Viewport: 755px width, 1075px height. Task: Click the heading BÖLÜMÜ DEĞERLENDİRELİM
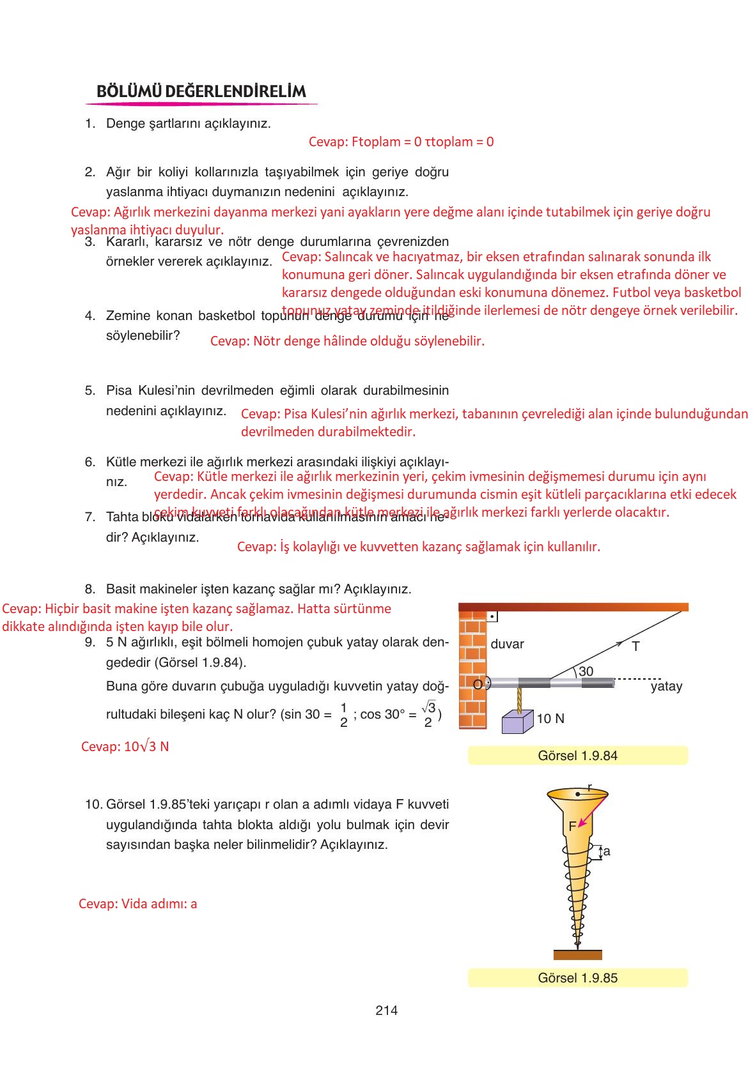tap(201, 91)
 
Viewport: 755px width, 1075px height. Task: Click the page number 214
tap(386, 1010)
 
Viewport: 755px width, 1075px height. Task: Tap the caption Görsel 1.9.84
tap(577, 756)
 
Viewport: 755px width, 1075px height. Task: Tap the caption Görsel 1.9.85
tap(577, 978)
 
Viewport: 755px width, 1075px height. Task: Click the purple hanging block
tap(517, 722)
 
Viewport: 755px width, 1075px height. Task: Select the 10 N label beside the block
tap(550, 719)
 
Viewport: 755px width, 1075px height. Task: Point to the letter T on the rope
tap(635, 646)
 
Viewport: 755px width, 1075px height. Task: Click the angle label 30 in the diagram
tap(586, 671)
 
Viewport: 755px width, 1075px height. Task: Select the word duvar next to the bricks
tap(507, 644)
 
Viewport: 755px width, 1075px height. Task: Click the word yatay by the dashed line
tap(666, 687)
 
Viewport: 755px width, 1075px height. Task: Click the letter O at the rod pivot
tap(478, 684)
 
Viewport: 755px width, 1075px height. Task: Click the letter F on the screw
tap(572, 827)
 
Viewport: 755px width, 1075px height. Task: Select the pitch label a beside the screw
tap(607, 851)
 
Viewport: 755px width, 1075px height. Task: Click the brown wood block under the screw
tap(577, 955)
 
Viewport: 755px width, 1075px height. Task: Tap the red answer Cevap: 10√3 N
tap(125, 747)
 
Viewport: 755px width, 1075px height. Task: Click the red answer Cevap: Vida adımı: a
tap(137, 904)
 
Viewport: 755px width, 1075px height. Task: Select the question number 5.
tap(90, 390)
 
